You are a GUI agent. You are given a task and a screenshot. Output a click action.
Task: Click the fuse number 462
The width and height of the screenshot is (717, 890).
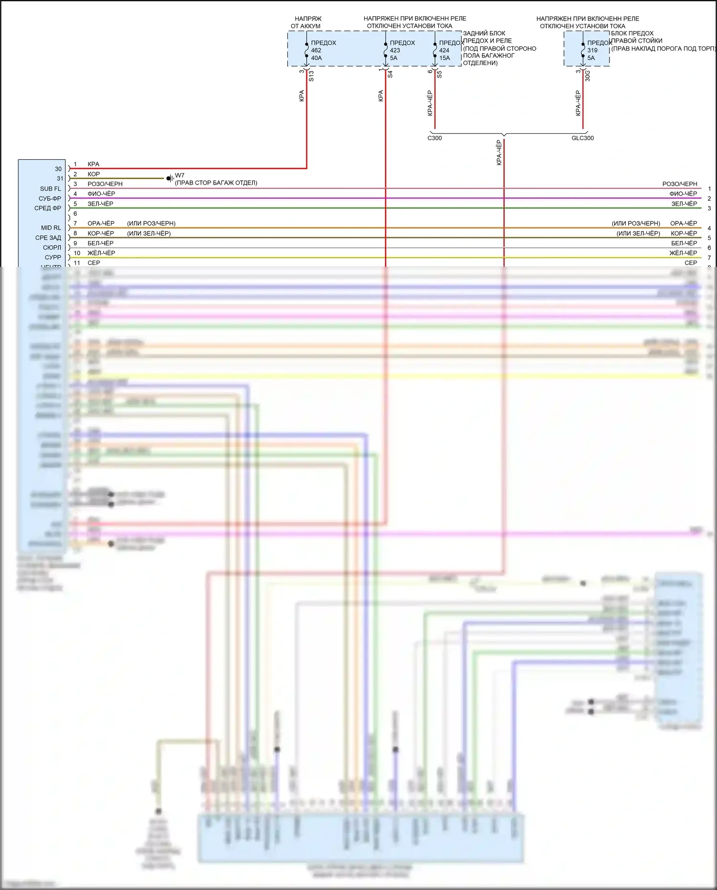[316, 50]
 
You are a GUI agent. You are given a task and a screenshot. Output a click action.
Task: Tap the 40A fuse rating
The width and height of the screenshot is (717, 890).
[316, 58]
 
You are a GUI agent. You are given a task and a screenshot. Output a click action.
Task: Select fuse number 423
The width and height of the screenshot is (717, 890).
[395, 50]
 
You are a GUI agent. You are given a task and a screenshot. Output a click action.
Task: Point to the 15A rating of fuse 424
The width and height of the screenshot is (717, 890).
[445, 58]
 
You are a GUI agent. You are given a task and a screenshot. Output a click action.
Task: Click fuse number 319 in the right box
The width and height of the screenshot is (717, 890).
[592, 50]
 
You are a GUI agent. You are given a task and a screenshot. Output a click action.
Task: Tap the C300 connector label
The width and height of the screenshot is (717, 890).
[435, 138]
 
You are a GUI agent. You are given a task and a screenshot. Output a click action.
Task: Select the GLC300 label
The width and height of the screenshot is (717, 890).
[583, 138]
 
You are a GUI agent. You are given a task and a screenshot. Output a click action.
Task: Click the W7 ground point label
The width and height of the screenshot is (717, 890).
[180, 176]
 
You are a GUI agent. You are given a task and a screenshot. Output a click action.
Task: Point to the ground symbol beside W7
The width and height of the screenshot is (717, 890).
[170, 178]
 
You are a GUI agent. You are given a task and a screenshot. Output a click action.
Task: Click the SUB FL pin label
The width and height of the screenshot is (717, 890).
[51, 189]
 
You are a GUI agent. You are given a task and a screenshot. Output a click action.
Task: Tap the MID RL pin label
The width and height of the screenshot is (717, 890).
[51, 228]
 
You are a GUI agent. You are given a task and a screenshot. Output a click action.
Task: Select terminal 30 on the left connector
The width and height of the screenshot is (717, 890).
[58, 169]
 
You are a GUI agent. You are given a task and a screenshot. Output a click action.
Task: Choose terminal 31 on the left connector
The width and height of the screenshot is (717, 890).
[60, 178]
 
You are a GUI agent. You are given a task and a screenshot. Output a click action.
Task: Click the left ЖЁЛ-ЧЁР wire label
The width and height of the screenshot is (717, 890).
[101, 253]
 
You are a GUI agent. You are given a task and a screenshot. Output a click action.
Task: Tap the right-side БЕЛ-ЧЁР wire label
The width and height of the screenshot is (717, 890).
[684, 243]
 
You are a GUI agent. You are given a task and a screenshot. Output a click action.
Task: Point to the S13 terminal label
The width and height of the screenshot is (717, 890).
[311, 76]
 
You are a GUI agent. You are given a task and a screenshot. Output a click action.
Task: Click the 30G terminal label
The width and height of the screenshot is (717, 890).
[587, 76]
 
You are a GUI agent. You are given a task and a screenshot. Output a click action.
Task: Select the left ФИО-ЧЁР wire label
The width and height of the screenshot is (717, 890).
[101, 194]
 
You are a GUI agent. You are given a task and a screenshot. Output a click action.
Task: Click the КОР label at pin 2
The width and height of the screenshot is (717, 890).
[94, 174]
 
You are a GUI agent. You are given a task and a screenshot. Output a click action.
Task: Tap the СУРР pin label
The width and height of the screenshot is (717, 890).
[53, 257]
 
